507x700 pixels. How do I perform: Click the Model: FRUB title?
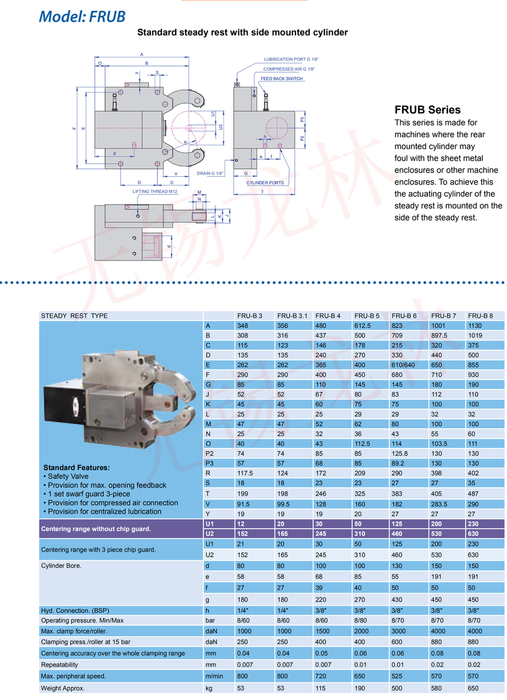82,16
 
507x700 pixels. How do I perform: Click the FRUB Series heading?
427,110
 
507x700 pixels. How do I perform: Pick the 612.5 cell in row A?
363,326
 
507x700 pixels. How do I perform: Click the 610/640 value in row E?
404,364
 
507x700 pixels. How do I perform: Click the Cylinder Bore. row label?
61,566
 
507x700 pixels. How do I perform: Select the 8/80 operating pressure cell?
361,620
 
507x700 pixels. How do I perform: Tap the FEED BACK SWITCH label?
281,79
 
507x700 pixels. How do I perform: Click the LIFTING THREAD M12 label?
155,191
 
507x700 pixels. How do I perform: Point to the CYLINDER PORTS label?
265,183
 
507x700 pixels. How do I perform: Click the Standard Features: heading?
77,467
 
